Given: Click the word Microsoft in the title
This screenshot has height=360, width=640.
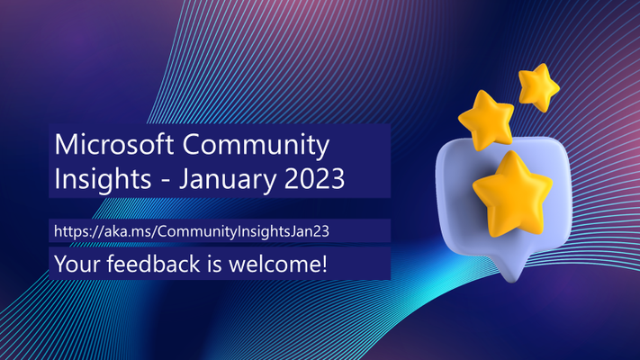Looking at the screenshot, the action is point(114,144).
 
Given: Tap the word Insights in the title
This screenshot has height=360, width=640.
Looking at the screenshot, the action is point(103,180).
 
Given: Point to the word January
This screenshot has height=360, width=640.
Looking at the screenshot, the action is point(228,180).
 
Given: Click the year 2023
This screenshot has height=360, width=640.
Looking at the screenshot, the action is point(314,178).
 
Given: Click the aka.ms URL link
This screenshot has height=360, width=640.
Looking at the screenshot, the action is point(192,231).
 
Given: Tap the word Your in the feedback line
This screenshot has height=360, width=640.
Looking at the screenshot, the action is point(77,264).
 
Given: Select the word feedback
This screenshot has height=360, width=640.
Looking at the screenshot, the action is point(154,263).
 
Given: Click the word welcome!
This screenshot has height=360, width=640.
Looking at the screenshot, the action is point(278,263).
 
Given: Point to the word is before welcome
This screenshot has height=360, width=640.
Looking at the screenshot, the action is point(215,264).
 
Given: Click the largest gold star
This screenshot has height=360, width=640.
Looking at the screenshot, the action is point(512,193).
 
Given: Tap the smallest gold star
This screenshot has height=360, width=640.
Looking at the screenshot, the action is point(539,87).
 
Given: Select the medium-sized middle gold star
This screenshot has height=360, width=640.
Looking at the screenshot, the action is point(487,120).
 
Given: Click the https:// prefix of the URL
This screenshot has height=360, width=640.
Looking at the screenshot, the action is point(79,231).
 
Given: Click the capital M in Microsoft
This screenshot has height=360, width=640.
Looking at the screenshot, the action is point(66,144).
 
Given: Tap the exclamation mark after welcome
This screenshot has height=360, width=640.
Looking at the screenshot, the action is point(324,263).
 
